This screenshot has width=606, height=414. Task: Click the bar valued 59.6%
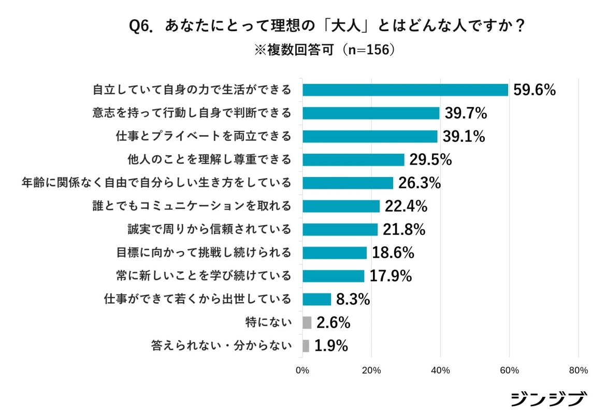tap(405, 90)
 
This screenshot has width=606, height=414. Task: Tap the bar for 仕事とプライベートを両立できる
tap(370, 136)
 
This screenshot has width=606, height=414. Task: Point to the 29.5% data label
tap(430, 160)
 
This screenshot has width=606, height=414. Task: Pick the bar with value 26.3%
tap(348, 183)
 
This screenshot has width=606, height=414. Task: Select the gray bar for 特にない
tap(307, 323)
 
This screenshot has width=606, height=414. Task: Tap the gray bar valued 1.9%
tap(306, 346)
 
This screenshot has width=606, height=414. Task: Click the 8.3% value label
tap(353, 299)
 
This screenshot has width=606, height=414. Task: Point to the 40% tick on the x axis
tap(440, 371)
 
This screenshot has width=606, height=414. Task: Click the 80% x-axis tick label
tap(578, 371)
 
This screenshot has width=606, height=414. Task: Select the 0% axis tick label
tap(302, 371)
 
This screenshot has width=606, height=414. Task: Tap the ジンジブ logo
tap(549, 399)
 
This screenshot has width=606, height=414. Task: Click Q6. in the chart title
tap(141, 27)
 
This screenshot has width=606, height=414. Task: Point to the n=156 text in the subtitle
tap(369, 50)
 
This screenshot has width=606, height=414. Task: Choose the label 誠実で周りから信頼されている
tap(210, 229)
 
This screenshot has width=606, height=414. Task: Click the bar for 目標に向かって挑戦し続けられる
tap(335, 253)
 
